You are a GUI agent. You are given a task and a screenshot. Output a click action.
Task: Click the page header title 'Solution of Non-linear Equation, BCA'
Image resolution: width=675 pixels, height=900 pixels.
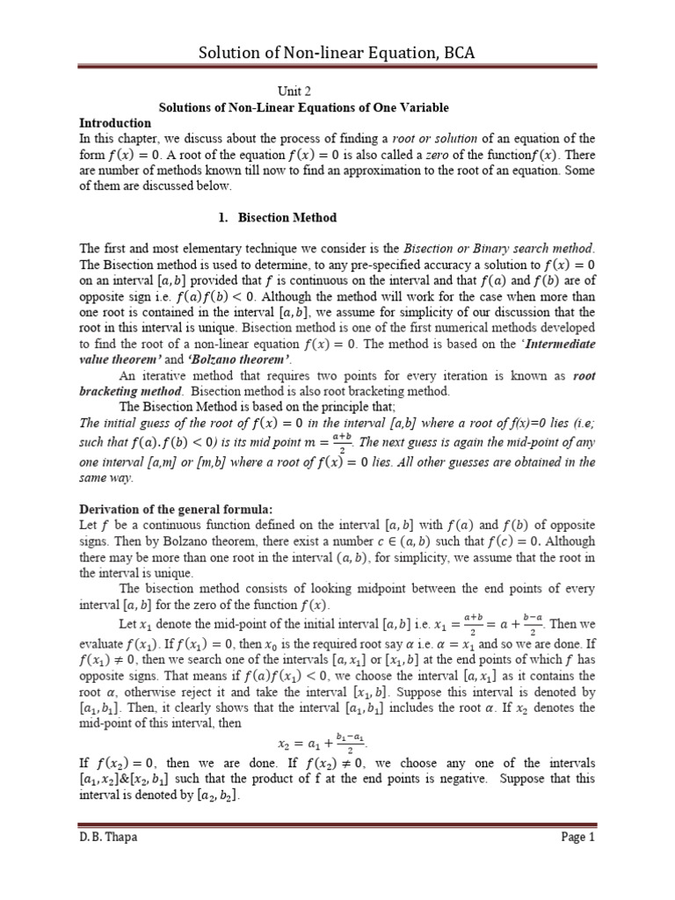337,53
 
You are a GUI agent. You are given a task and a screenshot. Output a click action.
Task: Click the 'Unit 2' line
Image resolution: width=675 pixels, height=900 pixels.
294,91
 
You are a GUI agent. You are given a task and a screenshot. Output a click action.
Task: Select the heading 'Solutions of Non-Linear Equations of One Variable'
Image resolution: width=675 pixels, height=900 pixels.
303,107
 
